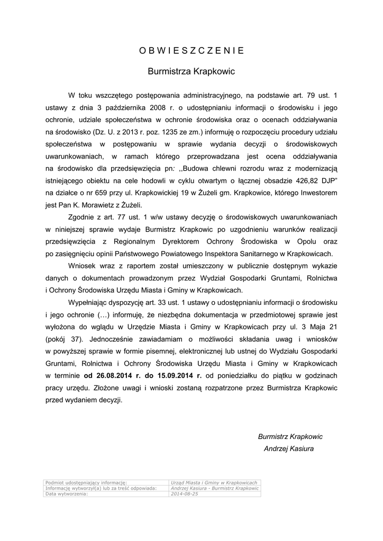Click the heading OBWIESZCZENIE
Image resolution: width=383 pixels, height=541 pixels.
tap(191, 51)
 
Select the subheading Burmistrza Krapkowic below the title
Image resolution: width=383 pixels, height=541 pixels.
tap(191, 71)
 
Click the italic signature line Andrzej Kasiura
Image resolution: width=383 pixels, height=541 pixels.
tap(289, 449)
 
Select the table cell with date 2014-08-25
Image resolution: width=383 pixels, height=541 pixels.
tap(185, 494)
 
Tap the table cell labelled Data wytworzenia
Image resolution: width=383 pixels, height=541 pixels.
tap(67, 494)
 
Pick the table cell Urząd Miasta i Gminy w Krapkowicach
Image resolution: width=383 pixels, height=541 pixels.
tap(214, 483)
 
